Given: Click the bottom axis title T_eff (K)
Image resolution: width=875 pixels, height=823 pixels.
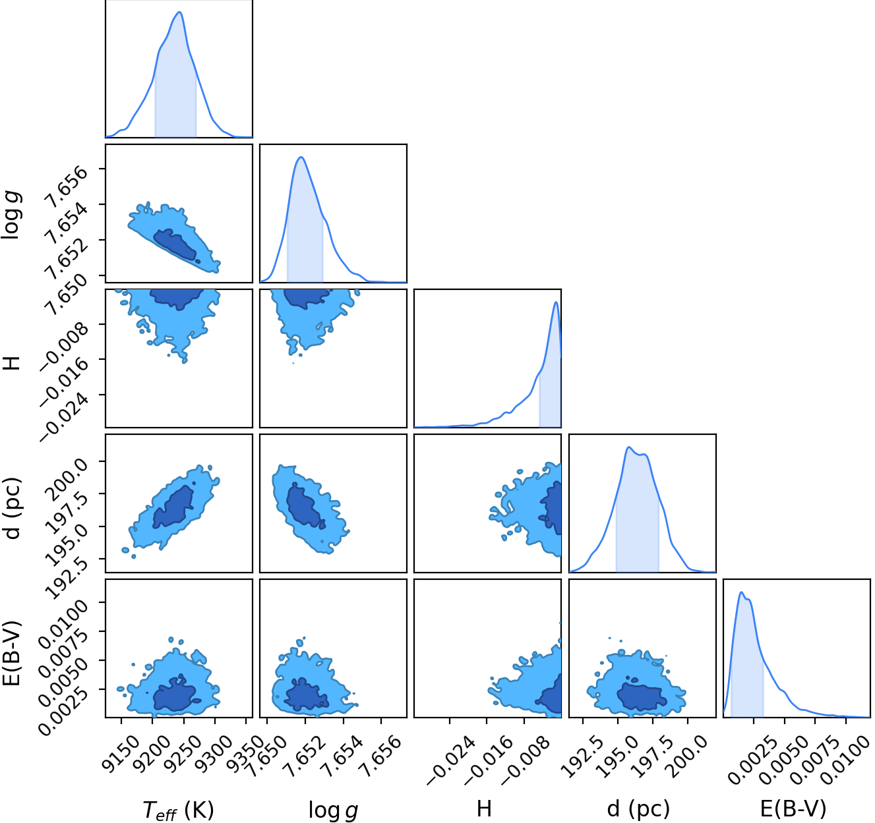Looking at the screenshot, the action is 179,809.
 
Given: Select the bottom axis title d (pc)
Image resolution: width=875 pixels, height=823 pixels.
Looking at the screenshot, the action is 638,809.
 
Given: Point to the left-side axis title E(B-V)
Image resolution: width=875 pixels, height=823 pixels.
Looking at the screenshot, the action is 12,653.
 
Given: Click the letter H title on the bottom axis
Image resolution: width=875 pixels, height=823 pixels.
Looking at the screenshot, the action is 484,809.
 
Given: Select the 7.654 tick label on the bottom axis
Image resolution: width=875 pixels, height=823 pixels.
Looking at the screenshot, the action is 342,756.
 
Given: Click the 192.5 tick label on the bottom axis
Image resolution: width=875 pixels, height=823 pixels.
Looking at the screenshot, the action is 582,756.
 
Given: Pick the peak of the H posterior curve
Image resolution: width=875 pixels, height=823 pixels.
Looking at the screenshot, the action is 556,302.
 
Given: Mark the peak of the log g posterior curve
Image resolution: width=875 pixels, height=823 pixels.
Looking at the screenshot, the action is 301,157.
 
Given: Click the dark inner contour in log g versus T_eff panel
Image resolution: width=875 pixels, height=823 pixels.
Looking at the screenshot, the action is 175,245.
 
